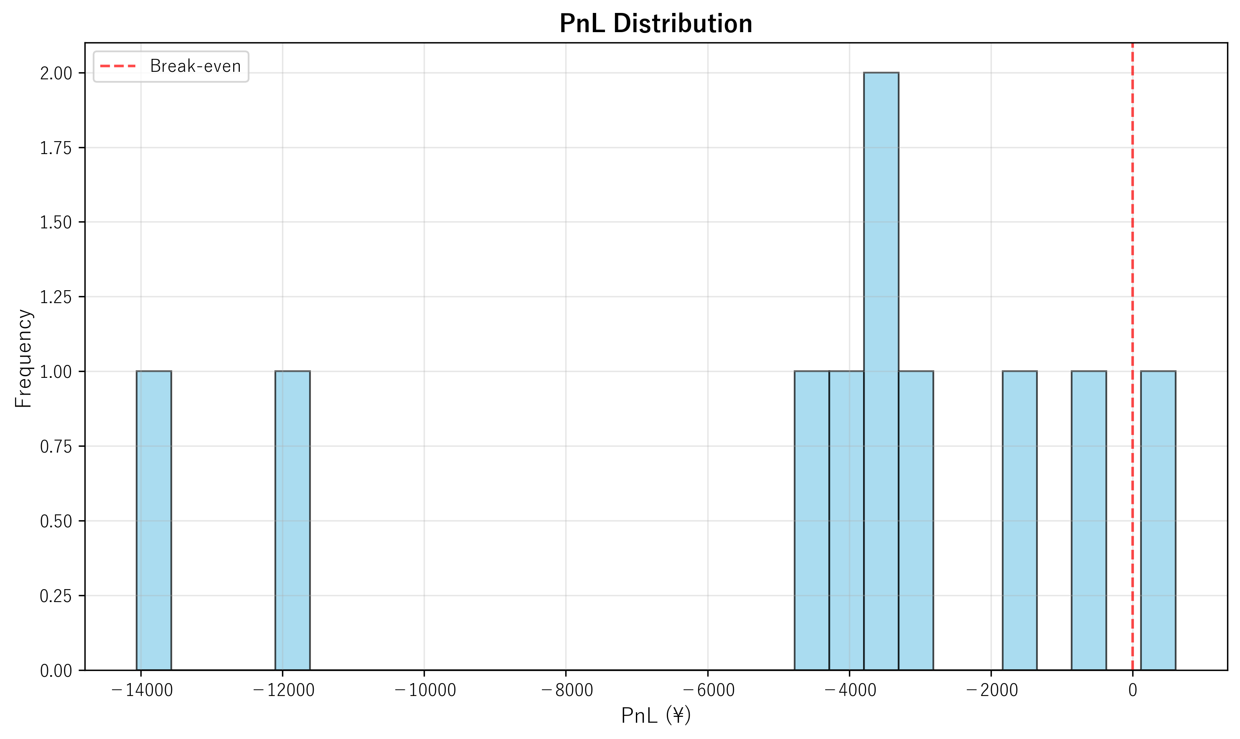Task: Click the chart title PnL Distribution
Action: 656,23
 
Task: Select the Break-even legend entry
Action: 170,66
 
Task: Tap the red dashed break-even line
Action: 1132,249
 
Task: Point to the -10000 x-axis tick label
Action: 424,690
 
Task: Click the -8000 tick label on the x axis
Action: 566,690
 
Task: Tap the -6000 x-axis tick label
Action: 708,690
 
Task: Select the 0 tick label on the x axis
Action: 1132,690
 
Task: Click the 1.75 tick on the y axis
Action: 56,148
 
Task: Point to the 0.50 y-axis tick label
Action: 56,521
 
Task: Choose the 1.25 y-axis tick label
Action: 56,297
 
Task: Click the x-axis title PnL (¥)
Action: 656,716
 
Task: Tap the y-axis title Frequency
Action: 23,358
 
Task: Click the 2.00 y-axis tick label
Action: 56,73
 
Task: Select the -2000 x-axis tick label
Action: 991,690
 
